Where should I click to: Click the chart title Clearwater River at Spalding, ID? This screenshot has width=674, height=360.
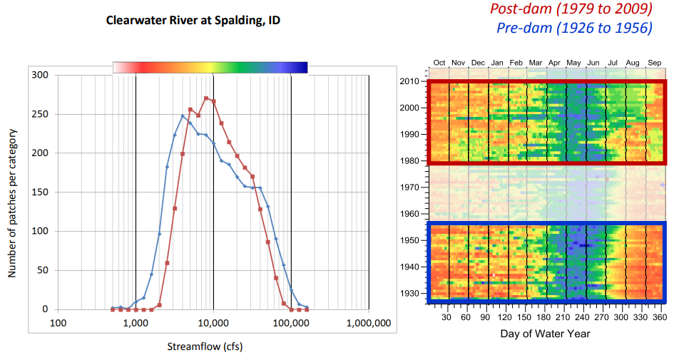(193, 21)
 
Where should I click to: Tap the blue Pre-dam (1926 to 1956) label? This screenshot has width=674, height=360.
(573, 29)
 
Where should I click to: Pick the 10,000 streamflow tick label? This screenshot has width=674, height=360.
(213, 323)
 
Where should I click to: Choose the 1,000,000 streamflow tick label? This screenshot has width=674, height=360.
(368, 323)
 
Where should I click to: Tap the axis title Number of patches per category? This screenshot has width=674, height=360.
(12, 192)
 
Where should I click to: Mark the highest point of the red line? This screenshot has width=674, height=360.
(206, 98)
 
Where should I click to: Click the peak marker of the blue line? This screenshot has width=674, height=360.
(183, 116)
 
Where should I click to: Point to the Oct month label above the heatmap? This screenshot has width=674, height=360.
(439, 63)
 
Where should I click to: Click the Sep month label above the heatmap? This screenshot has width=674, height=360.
(654, 63)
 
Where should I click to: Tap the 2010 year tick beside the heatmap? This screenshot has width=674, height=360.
(409, 82)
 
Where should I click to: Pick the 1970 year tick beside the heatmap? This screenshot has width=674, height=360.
(409, 187)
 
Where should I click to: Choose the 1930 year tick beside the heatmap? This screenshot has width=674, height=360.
(409, 293)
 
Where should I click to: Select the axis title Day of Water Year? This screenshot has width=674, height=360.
(546, 333)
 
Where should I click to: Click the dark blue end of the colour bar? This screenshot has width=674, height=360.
(302, 68)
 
